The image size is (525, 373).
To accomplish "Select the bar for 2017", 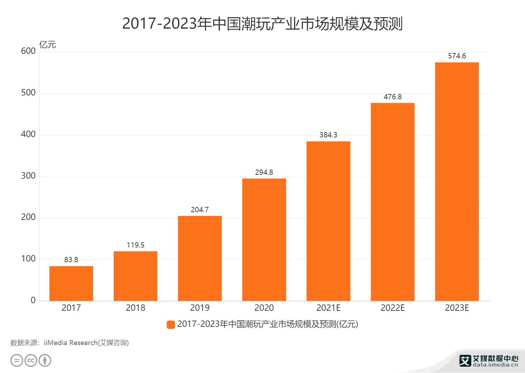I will pos(71,284).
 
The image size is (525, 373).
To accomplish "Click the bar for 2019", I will pos(199,258).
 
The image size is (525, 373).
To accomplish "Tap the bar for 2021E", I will pos(328,221).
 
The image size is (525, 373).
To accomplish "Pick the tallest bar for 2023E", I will pos(457,181).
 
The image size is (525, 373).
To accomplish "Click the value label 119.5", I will pos(135,245).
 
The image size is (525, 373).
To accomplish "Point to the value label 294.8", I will pos(264,172).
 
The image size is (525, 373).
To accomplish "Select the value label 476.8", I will pos(392,97).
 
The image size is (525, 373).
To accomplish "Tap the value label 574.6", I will pos(457,56).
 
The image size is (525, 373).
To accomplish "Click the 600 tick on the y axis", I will pos(28,51).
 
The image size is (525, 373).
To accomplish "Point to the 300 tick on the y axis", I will pos(28,176).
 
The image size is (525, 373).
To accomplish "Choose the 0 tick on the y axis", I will pos(33,300).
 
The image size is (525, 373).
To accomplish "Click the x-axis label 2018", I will pos(135,308).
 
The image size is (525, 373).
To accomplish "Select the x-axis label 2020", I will pos(264,308).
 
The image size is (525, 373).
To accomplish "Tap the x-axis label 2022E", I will pos(392,308).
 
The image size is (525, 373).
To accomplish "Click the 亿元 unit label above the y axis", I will pos(47,45).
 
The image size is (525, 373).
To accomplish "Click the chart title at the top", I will pos(262,24).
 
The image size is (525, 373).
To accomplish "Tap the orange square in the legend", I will pos(171,324).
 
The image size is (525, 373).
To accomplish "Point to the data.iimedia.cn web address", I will pos(495,365).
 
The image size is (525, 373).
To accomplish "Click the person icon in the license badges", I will pos(45,360).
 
